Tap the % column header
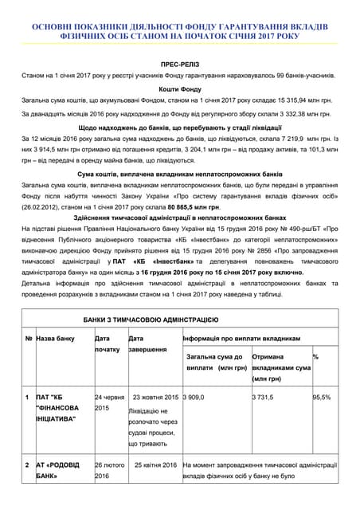(x=316, y=357)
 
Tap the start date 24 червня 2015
(x=109, y=402)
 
